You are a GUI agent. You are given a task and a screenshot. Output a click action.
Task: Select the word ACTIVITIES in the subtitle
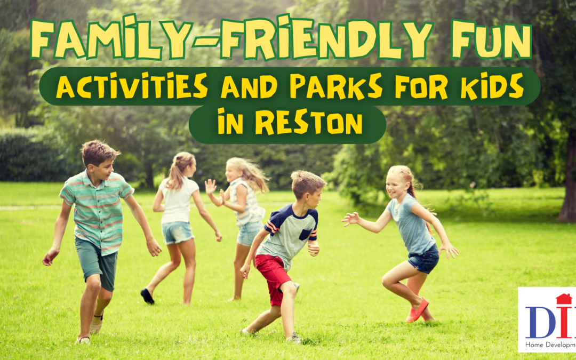pyautogui.click(x=131, y=87)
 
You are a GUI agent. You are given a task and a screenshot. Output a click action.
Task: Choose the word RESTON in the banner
pyautogui.click(x=309, y=123)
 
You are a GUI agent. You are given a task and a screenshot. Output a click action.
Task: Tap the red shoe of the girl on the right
pyautogui.click(x=418, y=310)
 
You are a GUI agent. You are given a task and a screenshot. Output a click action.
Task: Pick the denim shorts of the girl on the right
pyautogui.click(x=425, y=260)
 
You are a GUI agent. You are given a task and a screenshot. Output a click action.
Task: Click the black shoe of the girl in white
pyautogui.click(x=147, y=296)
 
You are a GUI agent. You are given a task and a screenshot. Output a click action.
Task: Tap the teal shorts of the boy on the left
pyautogui.click(x=96, y=262)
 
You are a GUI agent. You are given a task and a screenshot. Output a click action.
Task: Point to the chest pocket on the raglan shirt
pyautogui.click(x=305, y=234)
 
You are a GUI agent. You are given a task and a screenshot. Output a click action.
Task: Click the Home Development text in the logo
pyautogui.click(x=550, y=345)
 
